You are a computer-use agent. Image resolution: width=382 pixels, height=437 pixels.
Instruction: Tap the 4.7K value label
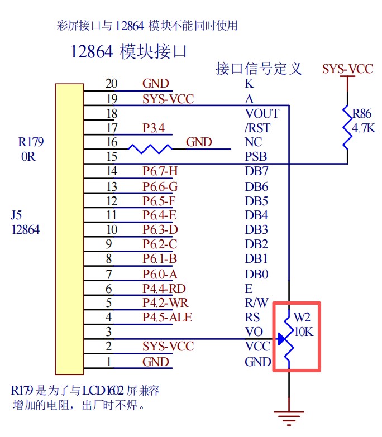pos(364,129)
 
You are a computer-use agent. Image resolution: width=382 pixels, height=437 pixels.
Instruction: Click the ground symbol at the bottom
pos(289,416)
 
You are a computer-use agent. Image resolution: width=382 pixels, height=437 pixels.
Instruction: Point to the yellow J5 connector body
pos(69,228)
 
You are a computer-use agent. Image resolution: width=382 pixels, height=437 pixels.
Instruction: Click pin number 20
pos(112,84)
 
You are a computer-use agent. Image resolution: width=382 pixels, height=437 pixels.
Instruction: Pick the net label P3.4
pos(154,128)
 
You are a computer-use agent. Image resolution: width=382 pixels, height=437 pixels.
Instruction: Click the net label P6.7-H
pos(160,171)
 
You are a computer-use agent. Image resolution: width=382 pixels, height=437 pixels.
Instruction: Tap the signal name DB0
pos(256,274)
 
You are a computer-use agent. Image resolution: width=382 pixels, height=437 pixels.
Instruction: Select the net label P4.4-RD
pos(163,289)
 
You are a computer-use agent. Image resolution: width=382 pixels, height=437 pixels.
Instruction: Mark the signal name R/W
pos(257,303)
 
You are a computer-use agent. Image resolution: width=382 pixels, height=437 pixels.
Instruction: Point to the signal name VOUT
pos(262,113)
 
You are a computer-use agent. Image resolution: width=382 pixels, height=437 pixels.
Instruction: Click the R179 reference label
pos(30,142)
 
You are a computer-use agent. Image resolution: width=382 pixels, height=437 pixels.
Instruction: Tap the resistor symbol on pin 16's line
pos(150,149)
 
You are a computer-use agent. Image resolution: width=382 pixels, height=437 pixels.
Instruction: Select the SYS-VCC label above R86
pos(347,69)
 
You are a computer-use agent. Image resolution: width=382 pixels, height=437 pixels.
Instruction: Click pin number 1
pos(109,362)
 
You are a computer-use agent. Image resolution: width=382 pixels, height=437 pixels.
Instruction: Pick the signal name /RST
pos(257,128)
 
